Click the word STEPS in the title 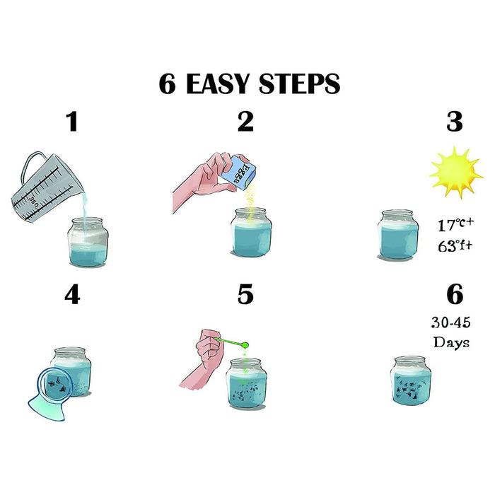tap(300, 83)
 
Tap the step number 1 tap(72, 122)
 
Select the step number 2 tap(245, 122)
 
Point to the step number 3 tap(455, 122)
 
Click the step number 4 tap(72, 294)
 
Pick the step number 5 tap(245, 294)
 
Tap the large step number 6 tap(455, 294)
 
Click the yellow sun tap(456, 173)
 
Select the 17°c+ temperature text tap(456, 224)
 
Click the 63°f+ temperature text tap(455, 245)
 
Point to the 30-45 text tap(451, 322)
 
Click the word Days tap(451, 342)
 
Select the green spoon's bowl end tap(245, 345)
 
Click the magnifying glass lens tap(56, 385)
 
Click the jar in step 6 tap(411, 380)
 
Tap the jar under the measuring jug tap(88, 242)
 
